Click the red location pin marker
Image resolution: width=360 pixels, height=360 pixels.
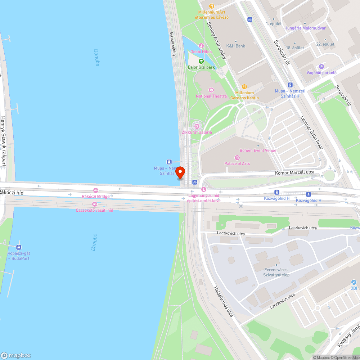(x=180, y=172)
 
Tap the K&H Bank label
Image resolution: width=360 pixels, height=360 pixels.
(x=235, y=46)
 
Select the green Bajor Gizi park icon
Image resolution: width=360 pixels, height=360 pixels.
(x=201, y=61)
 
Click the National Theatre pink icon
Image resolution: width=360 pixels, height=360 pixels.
(x=211, y=90)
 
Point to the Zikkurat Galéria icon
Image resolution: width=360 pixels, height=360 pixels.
(x=197, y=126)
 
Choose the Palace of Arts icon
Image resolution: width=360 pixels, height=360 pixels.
(x=237, y=157)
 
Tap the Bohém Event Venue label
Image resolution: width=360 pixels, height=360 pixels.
(x=258, y=150)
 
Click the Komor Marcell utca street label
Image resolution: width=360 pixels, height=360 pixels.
(x=294, y=172)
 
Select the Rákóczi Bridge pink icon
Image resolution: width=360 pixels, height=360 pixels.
(x=95, y=190)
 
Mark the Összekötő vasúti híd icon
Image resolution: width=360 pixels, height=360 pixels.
(x=95, y=204)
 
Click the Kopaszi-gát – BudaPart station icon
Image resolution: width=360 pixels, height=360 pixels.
(x=19, y=247)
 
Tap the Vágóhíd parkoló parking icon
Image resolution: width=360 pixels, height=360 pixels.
(x=321, y=67)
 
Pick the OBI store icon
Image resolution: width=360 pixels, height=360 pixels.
(x=354, y=283)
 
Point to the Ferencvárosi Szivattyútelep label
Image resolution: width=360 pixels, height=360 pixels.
(x=276, y=272)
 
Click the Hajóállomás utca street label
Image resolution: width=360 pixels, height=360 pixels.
(x=223, y=302)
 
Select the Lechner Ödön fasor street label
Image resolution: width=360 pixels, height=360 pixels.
(x=312, y=132)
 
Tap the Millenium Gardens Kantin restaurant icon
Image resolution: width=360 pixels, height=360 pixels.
(x=244, y=86)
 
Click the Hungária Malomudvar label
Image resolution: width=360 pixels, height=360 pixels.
(x=305, y=28)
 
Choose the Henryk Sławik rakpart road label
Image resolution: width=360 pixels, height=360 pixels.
(x=3, y=141)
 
